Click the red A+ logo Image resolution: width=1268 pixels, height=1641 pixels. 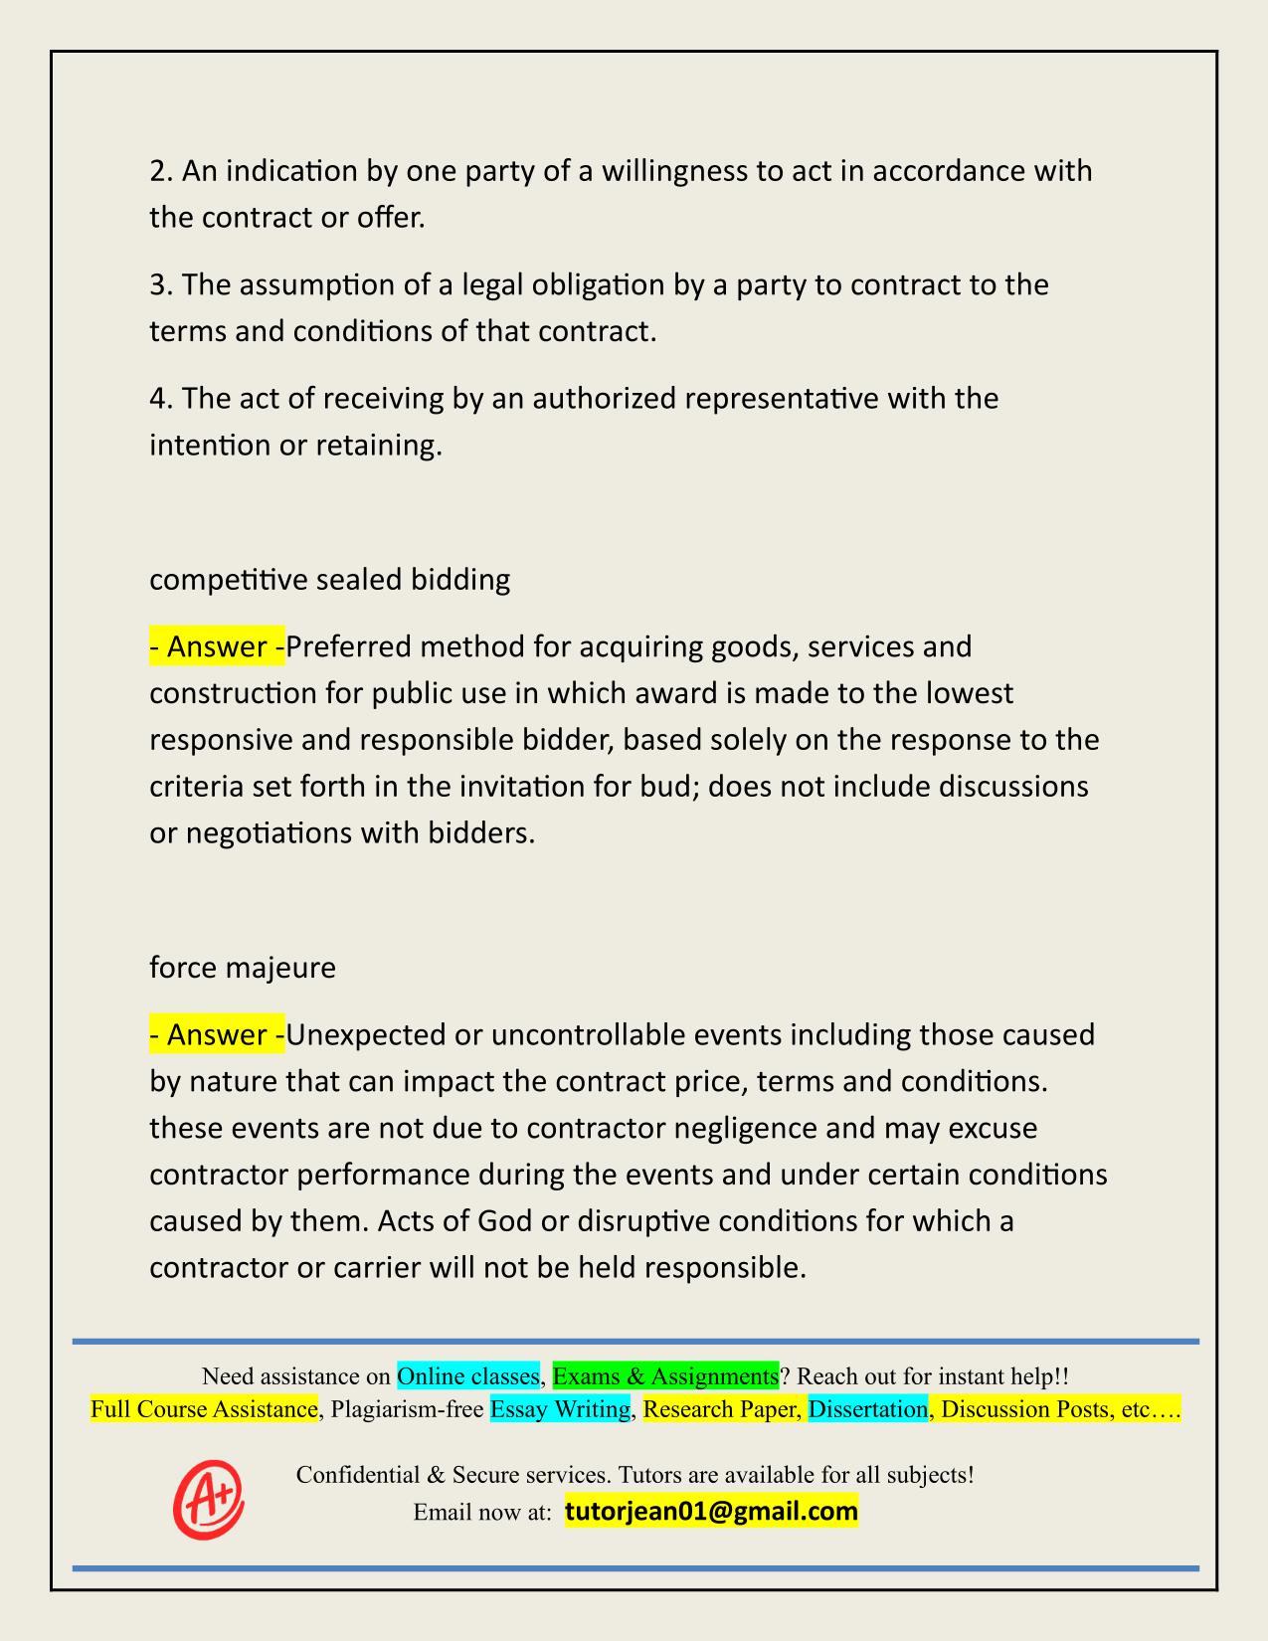pyautogui.click(x=208, y=1498)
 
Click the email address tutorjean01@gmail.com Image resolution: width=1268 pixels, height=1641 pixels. pyautogui.click(x=711, y=1512)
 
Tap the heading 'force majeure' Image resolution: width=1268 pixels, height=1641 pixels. pyautogui.click(x=243, y=967)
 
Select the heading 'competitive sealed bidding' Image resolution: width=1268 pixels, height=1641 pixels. pyautogui.click(x=329, y=579)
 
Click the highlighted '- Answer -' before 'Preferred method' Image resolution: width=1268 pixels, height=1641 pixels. pyautogui.click(x=217, y=647)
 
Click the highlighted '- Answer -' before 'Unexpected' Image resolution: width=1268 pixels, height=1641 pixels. pyautogui.click(x=217, y=1035)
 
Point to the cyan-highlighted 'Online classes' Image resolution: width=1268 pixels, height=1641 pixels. pyautogui.click(x=467, y=1376)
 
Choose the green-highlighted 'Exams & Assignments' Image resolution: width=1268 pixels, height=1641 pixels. pyautogui.click(x=664, y=1376)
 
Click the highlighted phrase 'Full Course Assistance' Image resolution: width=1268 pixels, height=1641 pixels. pyautogui.click(x=204, y=1409)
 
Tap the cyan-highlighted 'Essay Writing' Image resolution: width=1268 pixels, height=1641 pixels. pyautogui.click(x=560, y=1409)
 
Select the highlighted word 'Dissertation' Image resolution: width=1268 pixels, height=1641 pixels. pyautogui.click(x=867, y=1409)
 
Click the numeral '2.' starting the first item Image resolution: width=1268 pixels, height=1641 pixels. pyautogui.click(x=161, y=172)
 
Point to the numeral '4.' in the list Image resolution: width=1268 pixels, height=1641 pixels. pyautogui.click(x=161, y=399)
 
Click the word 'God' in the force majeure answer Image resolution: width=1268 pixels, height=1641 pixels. pyautogui.click(x=504, y=1220)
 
